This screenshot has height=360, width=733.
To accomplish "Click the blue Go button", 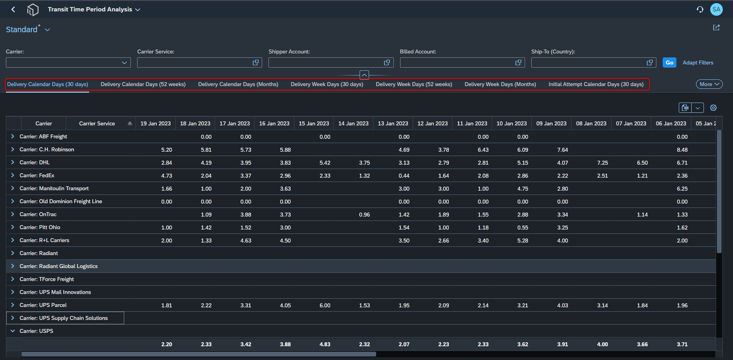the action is pos(669,62).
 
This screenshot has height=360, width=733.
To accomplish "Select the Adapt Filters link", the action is pos(698,62).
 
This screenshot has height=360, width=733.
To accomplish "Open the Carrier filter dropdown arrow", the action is pos(124,62).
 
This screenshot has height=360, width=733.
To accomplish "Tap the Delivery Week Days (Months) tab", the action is pos(500,84).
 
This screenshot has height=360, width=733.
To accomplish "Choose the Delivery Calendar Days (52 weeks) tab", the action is pos(143,84).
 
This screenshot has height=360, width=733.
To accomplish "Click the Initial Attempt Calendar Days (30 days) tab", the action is pos(596,84).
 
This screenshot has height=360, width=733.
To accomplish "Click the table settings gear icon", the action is pos(713,108).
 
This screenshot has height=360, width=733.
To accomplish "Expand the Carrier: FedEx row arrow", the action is pos(13,175).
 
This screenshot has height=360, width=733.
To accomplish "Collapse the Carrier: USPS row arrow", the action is pos(13,331).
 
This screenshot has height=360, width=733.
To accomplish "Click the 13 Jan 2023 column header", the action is pos(393,123).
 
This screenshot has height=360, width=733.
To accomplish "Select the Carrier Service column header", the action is pos(97,123).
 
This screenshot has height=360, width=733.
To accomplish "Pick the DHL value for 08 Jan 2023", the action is pos(603,163).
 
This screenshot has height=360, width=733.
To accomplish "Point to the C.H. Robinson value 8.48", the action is pos(682,150).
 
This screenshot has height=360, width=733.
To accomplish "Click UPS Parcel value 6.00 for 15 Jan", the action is pos(325,305).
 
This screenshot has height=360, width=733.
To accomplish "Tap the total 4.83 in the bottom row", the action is pos(325,344).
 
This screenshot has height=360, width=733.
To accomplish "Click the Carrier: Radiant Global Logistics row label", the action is pos(59,266).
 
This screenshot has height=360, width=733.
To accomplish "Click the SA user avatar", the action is pos(716,9).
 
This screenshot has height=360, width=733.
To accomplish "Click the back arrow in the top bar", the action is pos(13,9).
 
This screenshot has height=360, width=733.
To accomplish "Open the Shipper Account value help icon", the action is pos(387,62).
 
